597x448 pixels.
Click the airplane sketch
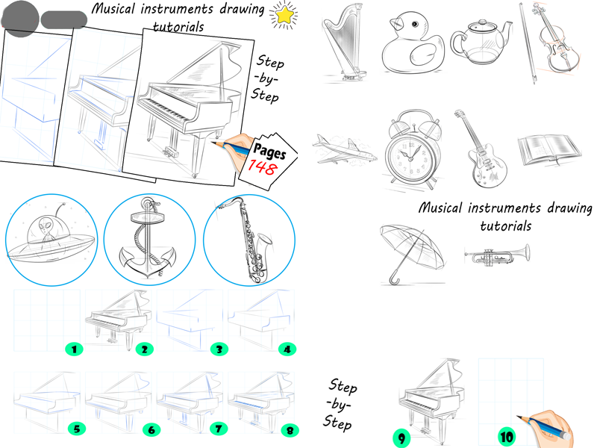tap(344, 149)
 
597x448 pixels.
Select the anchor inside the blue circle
tap(149, 239)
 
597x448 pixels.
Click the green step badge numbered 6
tap(150, 429)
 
